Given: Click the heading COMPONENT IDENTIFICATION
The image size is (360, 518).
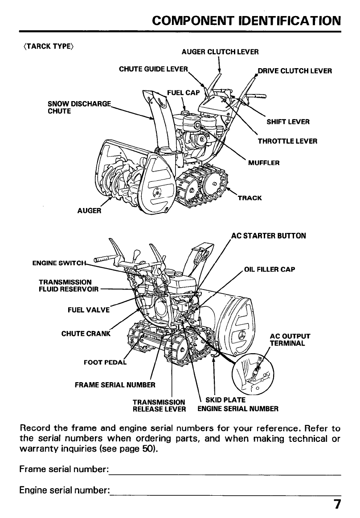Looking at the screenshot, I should tap(246, 21).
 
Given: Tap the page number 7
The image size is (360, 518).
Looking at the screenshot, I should tap(338, 505).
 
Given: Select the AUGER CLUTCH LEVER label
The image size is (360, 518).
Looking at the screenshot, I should tap(220, 52).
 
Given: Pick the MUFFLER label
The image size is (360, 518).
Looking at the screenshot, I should tap(264, 163).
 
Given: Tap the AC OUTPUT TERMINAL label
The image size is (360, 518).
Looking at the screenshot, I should tap(290, 339).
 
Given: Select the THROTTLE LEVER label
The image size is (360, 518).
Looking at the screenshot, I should tap(287, 141).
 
